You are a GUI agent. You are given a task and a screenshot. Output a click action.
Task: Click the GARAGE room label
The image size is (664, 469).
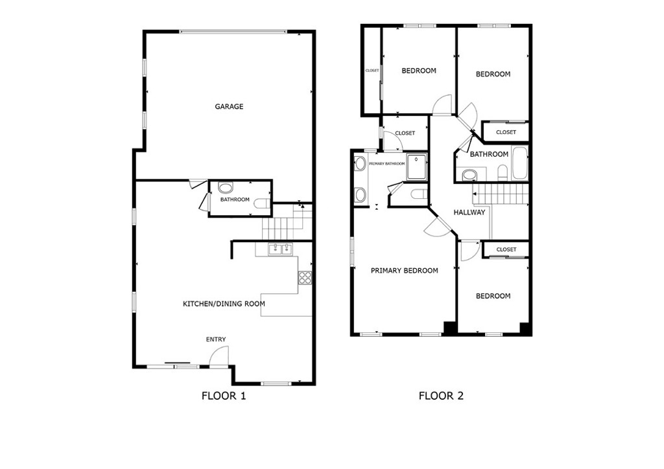pyautogui.click(x=229, y=107)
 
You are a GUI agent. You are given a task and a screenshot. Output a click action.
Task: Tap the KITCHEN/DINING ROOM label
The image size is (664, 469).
pyautogui.click(x=224, y=304)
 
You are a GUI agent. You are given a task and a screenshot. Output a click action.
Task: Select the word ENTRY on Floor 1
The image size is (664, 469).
pyautogui.click(x=216, y=340)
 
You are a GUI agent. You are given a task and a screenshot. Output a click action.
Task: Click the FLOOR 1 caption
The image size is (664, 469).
pyautogui.click(x=224, y=396)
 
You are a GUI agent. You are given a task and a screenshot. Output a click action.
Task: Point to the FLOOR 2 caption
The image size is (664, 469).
pyautogui.click(x=441, y=396)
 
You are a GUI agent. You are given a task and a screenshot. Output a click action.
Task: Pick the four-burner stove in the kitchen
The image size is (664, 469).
pyautogui.click(x=305, y=278)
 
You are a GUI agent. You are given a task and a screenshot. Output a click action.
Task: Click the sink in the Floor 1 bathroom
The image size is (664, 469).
pyautogui.click(x=226, y=189)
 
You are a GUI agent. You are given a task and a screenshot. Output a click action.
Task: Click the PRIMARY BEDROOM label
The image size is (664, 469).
pyautogui.click(x=404, y=271)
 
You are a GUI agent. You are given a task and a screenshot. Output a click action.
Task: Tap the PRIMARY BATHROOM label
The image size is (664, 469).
pyautogui.click(x=386, y=164)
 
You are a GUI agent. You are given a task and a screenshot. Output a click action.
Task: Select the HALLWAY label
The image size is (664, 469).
pyautogui.click(x=469, y=212)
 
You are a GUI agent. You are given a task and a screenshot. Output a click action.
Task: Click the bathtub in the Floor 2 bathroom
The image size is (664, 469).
pyautogui.click(x=519, y=164)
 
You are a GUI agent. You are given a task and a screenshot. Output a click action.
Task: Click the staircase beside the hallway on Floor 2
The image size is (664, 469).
pyautogui.click(x=499, y=193)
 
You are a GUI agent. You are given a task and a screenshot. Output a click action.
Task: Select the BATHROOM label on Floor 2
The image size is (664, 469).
pyautogui.click(x=489, y=154)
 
